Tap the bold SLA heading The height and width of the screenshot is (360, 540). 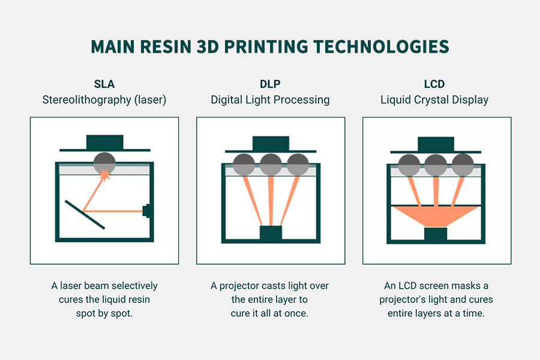(104, 84)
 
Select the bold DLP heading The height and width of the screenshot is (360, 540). (270, 84)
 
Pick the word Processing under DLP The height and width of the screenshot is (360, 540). (301, 100)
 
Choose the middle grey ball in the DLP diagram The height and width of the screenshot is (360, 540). (271, 163)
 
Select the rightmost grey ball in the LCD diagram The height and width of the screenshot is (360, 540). (462, 163)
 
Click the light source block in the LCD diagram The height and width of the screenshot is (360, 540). (435, 235)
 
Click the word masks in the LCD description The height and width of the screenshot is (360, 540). (474, 286)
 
